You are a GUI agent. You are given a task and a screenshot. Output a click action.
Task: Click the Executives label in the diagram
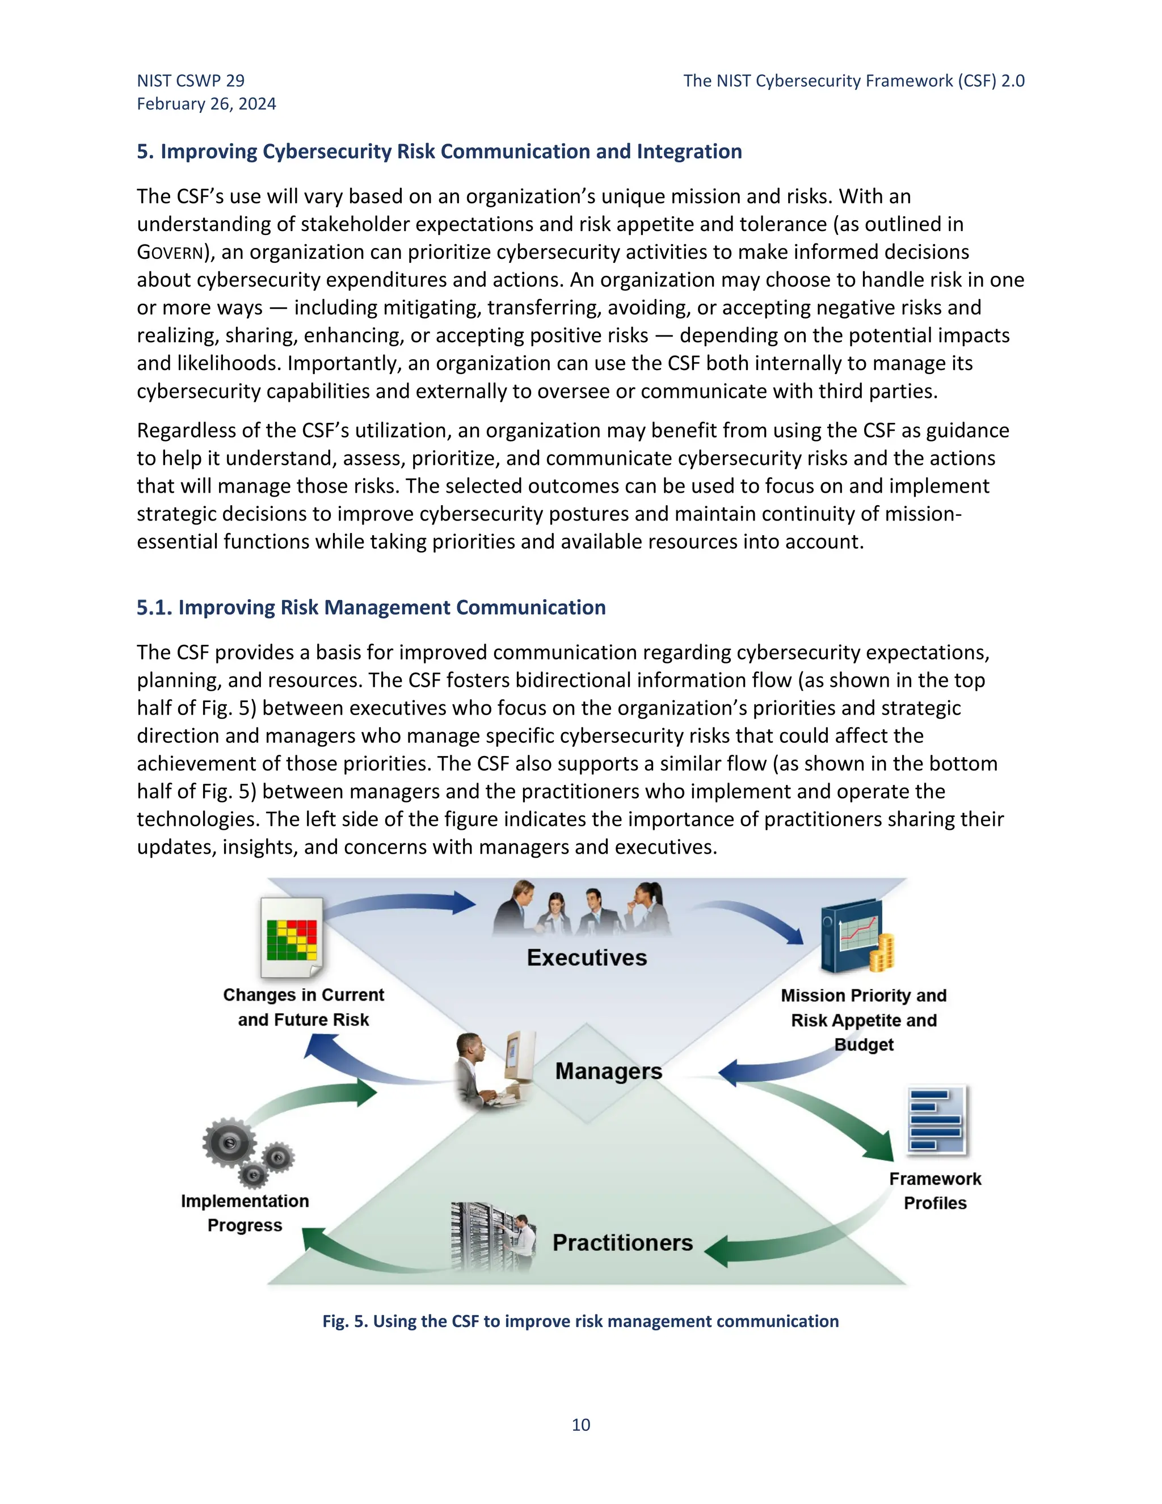[x=587, y=958]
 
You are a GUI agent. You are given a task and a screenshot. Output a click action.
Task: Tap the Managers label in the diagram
[x=609, y=1071]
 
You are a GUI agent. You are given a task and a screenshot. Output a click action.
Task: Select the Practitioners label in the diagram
[x=622, y=1242]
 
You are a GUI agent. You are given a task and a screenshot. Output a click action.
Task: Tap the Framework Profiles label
[x=935, y=1191]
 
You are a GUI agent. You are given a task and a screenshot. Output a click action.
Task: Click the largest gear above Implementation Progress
[x=229, y=1143]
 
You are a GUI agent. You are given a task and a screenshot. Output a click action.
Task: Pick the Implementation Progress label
[x=245, y=1213]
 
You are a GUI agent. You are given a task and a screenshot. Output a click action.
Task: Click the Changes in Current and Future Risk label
[x=304, y=1007]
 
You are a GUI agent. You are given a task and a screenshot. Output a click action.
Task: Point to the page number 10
[x=580, y=1425]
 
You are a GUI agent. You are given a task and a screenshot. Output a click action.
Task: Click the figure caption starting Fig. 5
[x=580, y=1321]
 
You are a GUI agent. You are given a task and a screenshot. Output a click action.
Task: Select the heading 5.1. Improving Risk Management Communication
[x=371, y=607]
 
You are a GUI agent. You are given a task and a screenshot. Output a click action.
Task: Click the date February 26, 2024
[x=207, y=104]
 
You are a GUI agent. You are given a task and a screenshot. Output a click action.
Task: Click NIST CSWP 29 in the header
[x=191, y=81]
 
